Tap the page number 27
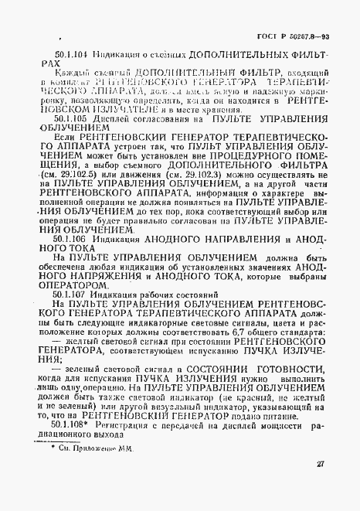point(321,485)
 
